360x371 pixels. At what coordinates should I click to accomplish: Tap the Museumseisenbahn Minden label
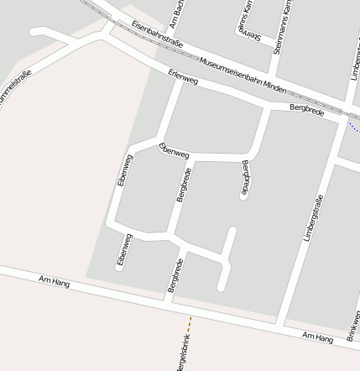(x=237, y=76)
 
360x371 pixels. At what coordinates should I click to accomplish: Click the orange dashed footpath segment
(x=190, y=323)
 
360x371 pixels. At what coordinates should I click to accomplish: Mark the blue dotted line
(x=353, y=128)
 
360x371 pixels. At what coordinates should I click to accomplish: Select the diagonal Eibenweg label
(x=174, y=151)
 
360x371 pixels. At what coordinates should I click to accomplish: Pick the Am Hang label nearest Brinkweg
(x=318, y=337)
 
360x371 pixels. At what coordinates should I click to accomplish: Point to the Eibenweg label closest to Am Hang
(x=123, y=250)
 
